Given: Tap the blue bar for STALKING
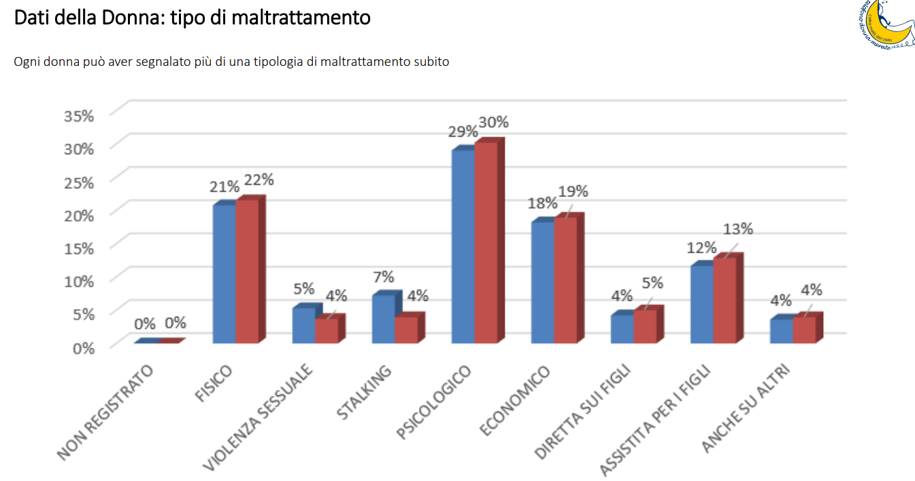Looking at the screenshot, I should tap(383, 319).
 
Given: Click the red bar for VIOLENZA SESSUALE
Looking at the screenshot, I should tap(327, 330).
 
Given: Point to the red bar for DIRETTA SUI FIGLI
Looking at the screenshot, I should tap(645, 327).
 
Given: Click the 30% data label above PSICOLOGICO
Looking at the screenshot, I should tap(493, 122).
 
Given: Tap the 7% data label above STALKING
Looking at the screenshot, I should tap(382, 277).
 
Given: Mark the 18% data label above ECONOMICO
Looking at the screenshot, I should tap(542, 203).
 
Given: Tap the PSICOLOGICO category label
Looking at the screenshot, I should tap(433, 403).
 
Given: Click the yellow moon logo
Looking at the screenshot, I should tap(887, 26).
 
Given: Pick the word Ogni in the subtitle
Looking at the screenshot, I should tap(26, 62).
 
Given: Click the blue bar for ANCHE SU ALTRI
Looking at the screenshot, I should tap(781, 331).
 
